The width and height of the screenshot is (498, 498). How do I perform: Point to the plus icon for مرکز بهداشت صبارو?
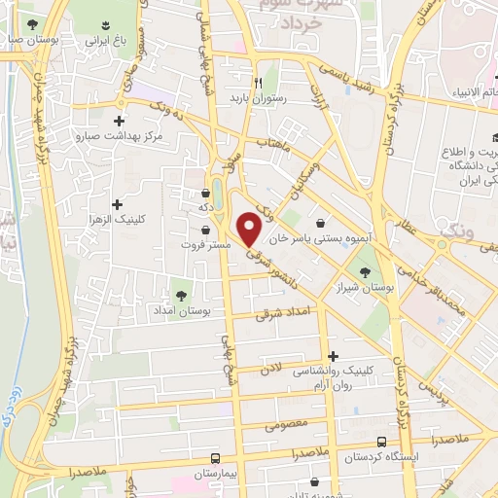pyautogui.click(x=119, y=123)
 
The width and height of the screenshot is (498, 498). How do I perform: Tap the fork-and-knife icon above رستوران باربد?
pyautogui.click(x=258, y=82)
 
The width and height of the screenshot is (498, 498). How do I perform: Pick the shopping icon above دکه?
pyautogui.click(x=205, y=192)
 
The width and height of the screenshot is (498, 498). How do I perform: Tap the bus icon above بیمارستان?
pyautogui.click(x=216, y=456)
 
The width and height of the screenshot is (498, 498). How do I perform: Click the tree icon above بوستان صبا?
pyautogui.click(x=32, y=23)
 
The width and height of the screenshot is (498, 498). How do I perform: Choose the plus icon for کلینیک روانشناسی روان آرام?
pyautogui.click(x=334, y=356)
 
